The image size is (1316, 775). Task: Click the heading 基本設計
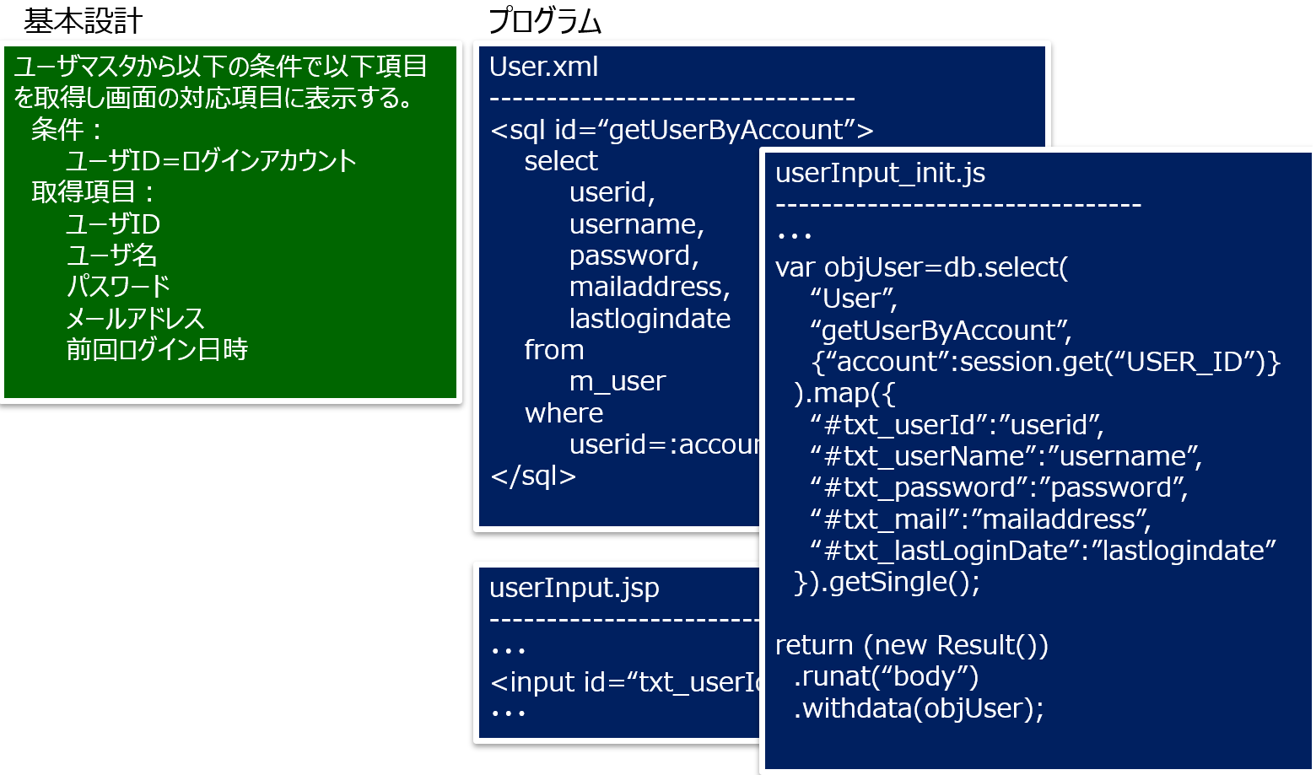point(83,21)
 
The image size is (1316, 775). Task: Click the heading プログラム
point(545,21)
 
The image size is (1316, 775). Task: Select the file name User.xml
point(543,67)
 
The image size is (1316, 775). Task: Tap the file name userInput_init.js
point(880,173)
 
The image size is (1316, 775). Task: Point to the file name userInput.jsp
point(574,587)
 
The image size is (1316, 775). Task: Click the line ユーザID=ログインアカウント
point(211,161)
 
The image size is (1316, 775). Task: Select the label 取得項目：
point(93,192)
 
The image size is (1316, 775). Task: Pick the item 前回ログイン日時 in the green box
point(157,349)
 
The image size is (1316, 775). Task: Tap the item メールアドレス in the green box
point(135,318)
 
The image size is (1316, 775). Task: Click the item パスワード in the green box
point(118,287)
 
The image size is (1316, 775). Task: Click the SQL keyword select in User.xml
point(560,161)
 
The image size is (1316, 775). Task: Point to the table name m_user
point(617,381)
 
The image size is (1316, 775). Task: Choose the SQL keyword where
point(564,413)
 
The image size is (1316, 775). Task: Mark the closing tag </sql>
point(533,476)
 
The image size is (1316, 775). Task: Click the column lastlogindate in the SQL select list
point(650,319)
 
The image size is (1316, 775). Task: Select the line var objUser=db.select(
point(921,267)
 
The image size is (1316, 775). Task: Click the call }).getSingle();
point(887,582)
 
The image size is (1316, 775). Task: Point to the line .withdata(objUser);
point(919,708)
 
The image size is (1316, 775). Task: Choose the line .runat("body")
point(886,676)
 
